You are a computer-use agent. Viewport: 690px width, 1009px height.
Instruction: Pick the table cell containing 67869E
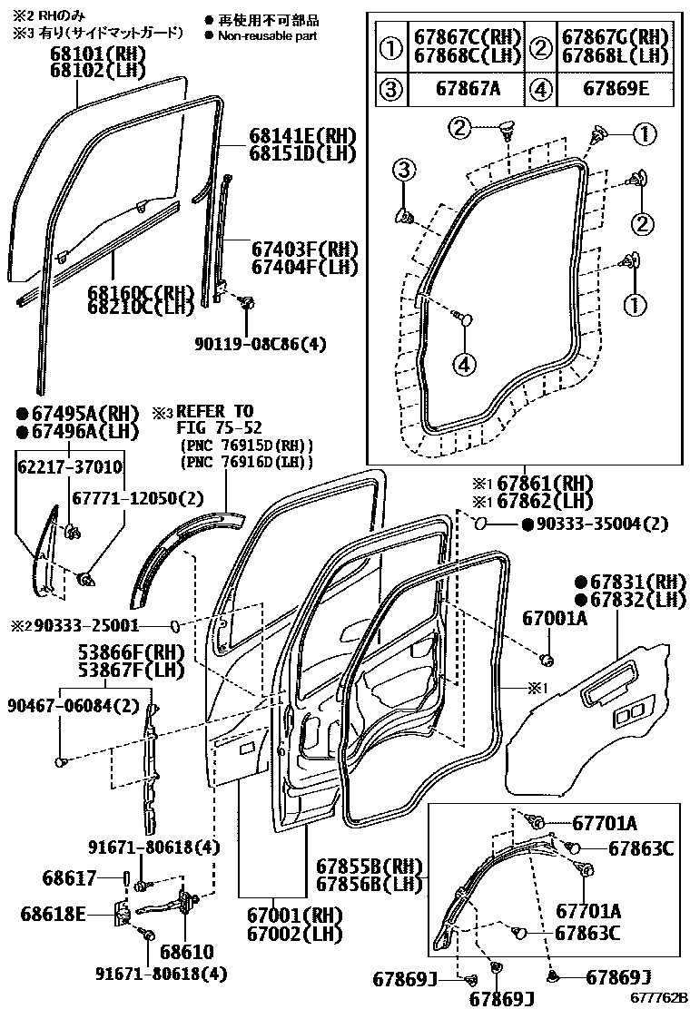pos(616,90)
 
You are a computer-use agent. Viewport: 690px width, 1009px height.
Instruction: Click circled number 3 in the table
pos(391,90)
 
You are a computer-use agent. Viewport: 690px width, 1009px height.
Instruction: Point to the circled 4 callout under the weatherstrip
pos(463,363)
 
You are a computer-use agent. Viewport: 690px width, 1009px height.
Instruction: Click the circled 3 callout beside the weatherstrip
pos(404,168)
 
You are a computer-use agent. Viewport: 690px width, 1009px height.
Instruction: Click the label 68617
pos(69,877)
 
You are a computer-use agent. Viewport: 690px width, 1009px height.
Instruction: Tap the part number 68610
pos(186,952)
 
